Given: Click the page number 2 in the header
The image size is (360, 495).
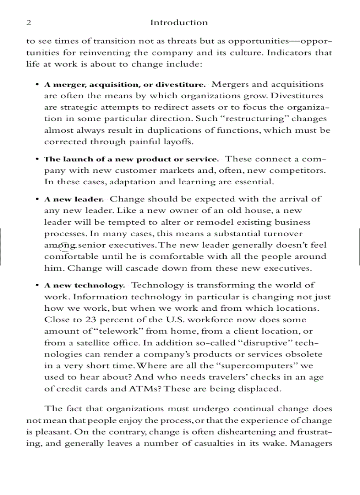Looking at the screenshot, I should [x=28, y=22].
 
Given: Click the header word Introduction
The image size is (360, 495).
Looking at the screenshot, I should [x=179, y=22].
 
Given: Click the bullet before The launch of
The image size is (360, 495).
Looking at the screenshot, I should [x=37, y=160].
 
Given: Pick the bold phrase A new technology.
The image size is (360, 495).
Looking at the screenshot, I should [x=85, y=286].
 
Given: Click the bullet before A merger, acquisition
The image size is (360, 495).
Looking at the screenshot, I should [x=37, y=85].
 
